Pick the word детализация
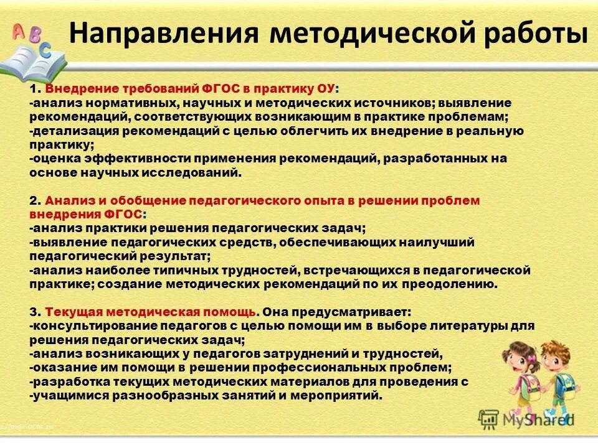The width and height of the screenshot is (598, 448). (x=68, y=131)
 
